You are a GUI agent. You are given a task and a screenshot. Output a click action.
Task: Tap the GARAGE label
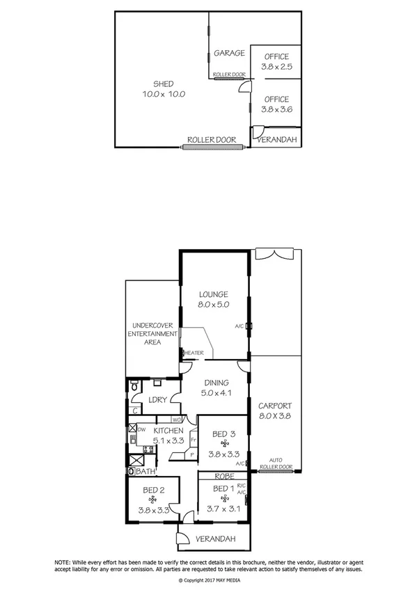coord(229,53)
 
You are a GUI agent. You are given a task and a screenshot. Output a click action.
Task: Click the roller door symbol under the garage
coord(229,79)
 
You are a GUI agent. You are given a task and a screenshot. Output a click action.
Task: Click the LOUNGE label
coord(213,294)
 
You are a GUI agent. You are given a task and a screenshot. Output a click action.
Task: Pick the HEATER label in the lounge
coord(194,353)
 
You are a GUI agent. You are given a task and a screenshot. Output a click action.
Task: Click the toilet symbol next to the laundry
coord(135,387)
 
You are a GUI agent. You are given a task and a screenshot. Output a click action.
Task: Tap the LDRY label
coord(157,399)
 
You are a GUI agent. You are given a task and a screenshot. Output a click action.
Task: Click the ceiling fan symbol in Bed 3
coord(224,444)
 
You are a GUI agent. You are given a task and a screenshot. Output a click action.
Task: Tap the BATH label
coord(145,472)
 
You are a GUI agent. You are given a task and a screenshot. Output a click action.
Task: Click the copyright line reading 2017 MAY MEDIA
coord(208,579)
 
